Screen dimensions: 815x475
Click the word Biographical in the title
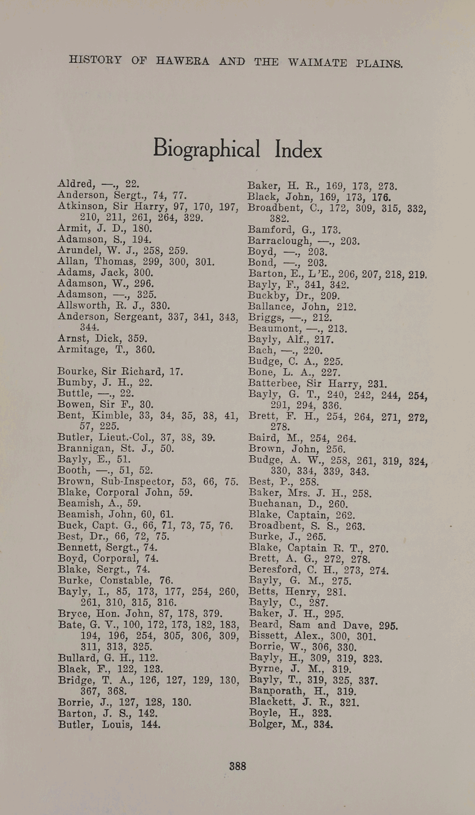point(206,149)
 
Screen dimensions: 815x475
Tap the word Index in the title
point(298,150)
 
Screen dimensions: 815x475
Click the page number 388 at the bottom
point(238,766)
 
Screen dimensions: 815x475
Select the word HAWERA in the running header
point(182,61)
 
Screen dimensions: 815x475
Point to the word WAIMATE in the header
point(317,63)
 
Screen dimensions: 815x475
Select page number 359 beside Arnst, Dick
point(137,338)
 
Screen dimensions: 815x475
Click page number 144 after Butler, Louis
point(151,725)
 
